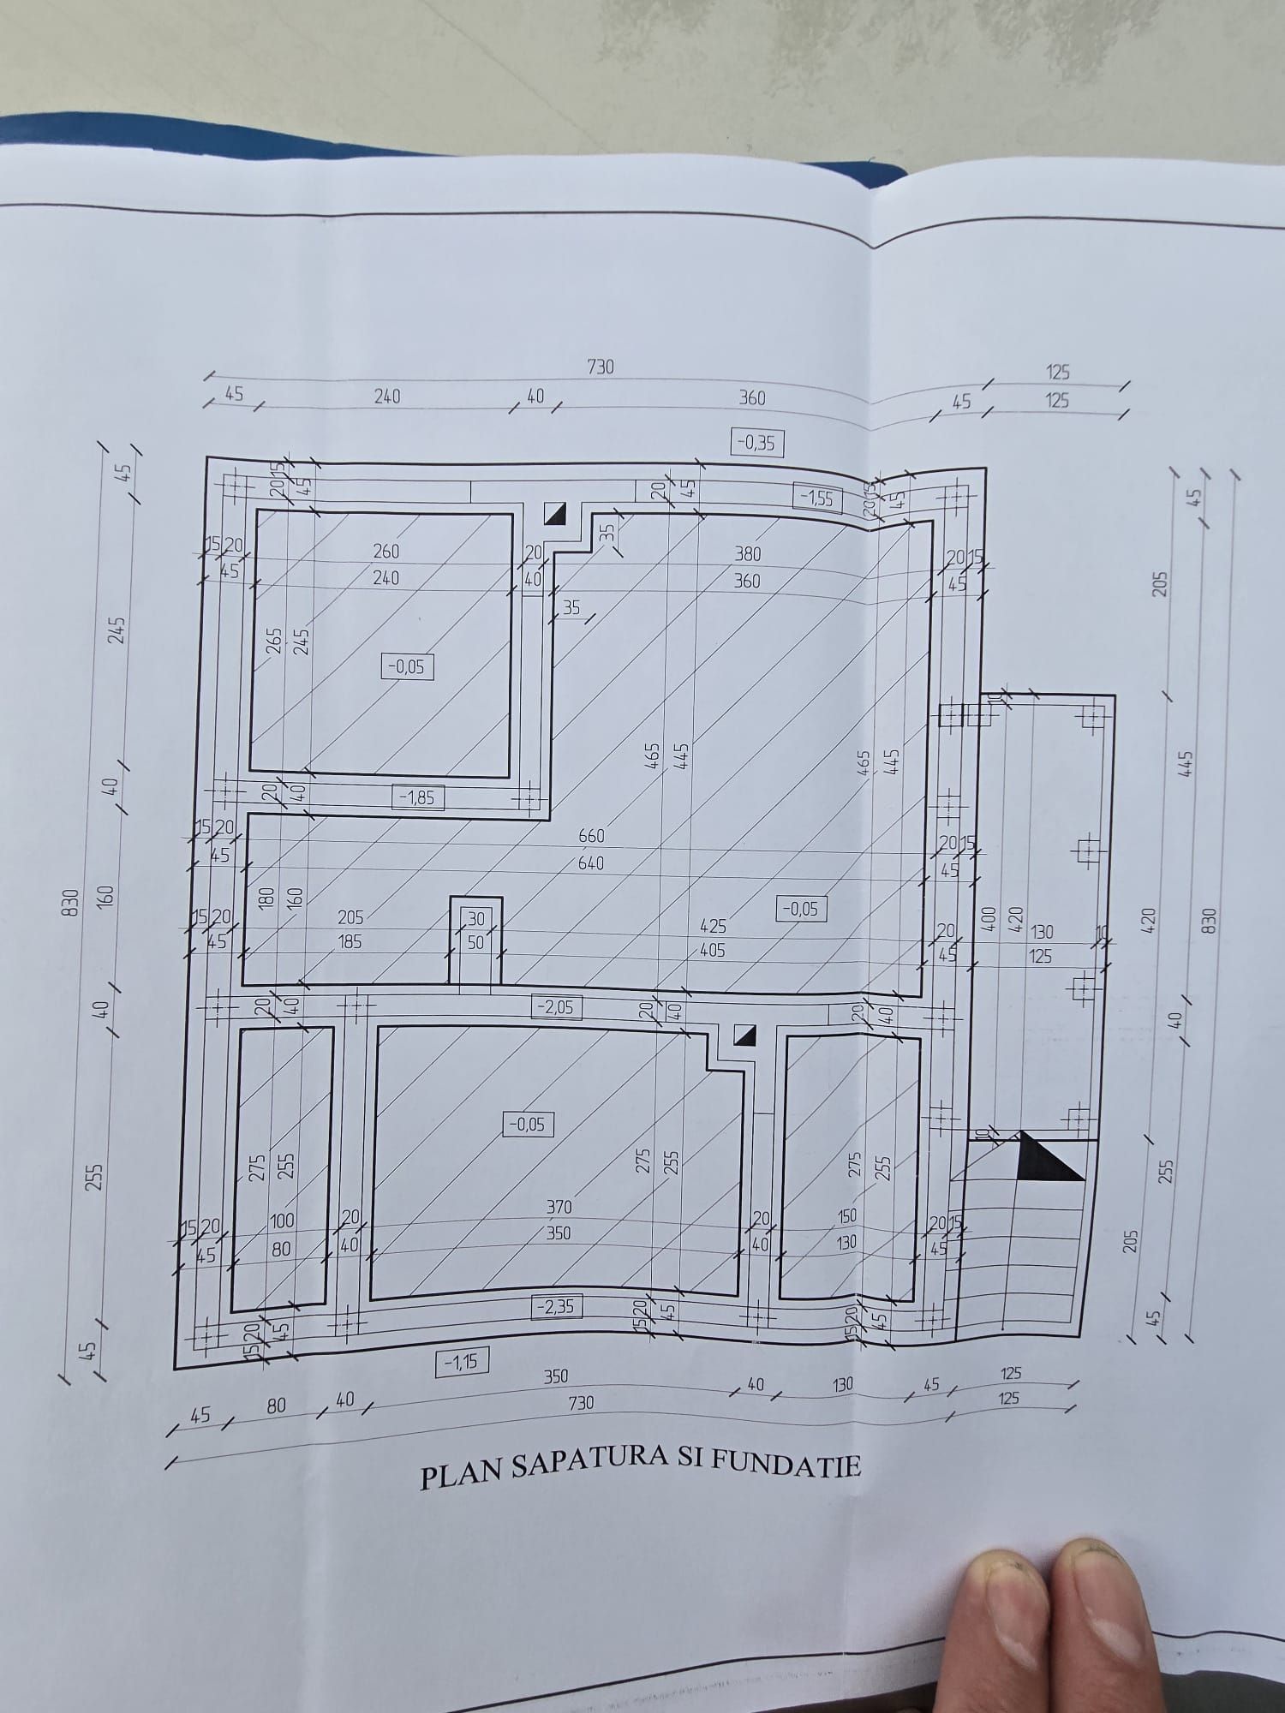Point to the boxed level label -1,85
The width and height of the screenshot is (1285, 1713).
point(418,797)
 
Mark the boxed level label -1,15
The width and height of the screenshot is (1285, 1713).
point(462,1362)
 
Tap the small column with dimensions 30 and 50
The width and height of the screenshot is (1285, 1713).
point(475,940)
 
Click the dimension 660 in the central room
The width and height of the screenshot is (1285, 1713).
point(591,836)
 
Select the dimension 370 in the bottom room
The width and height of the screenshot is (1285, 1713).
point(559,1207)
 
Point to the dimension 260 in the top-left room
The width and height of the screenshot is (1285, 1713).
point(386,552)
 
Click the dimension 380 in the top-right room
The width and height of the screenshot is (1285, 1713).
point(748,554)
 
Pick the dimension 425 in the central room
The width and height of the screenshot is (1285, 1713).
point(713,926)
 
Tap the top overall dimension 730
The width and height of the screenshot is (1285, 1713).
point(601,367)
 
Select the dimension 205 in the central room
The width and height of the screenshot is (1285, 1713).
point(350,917)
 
